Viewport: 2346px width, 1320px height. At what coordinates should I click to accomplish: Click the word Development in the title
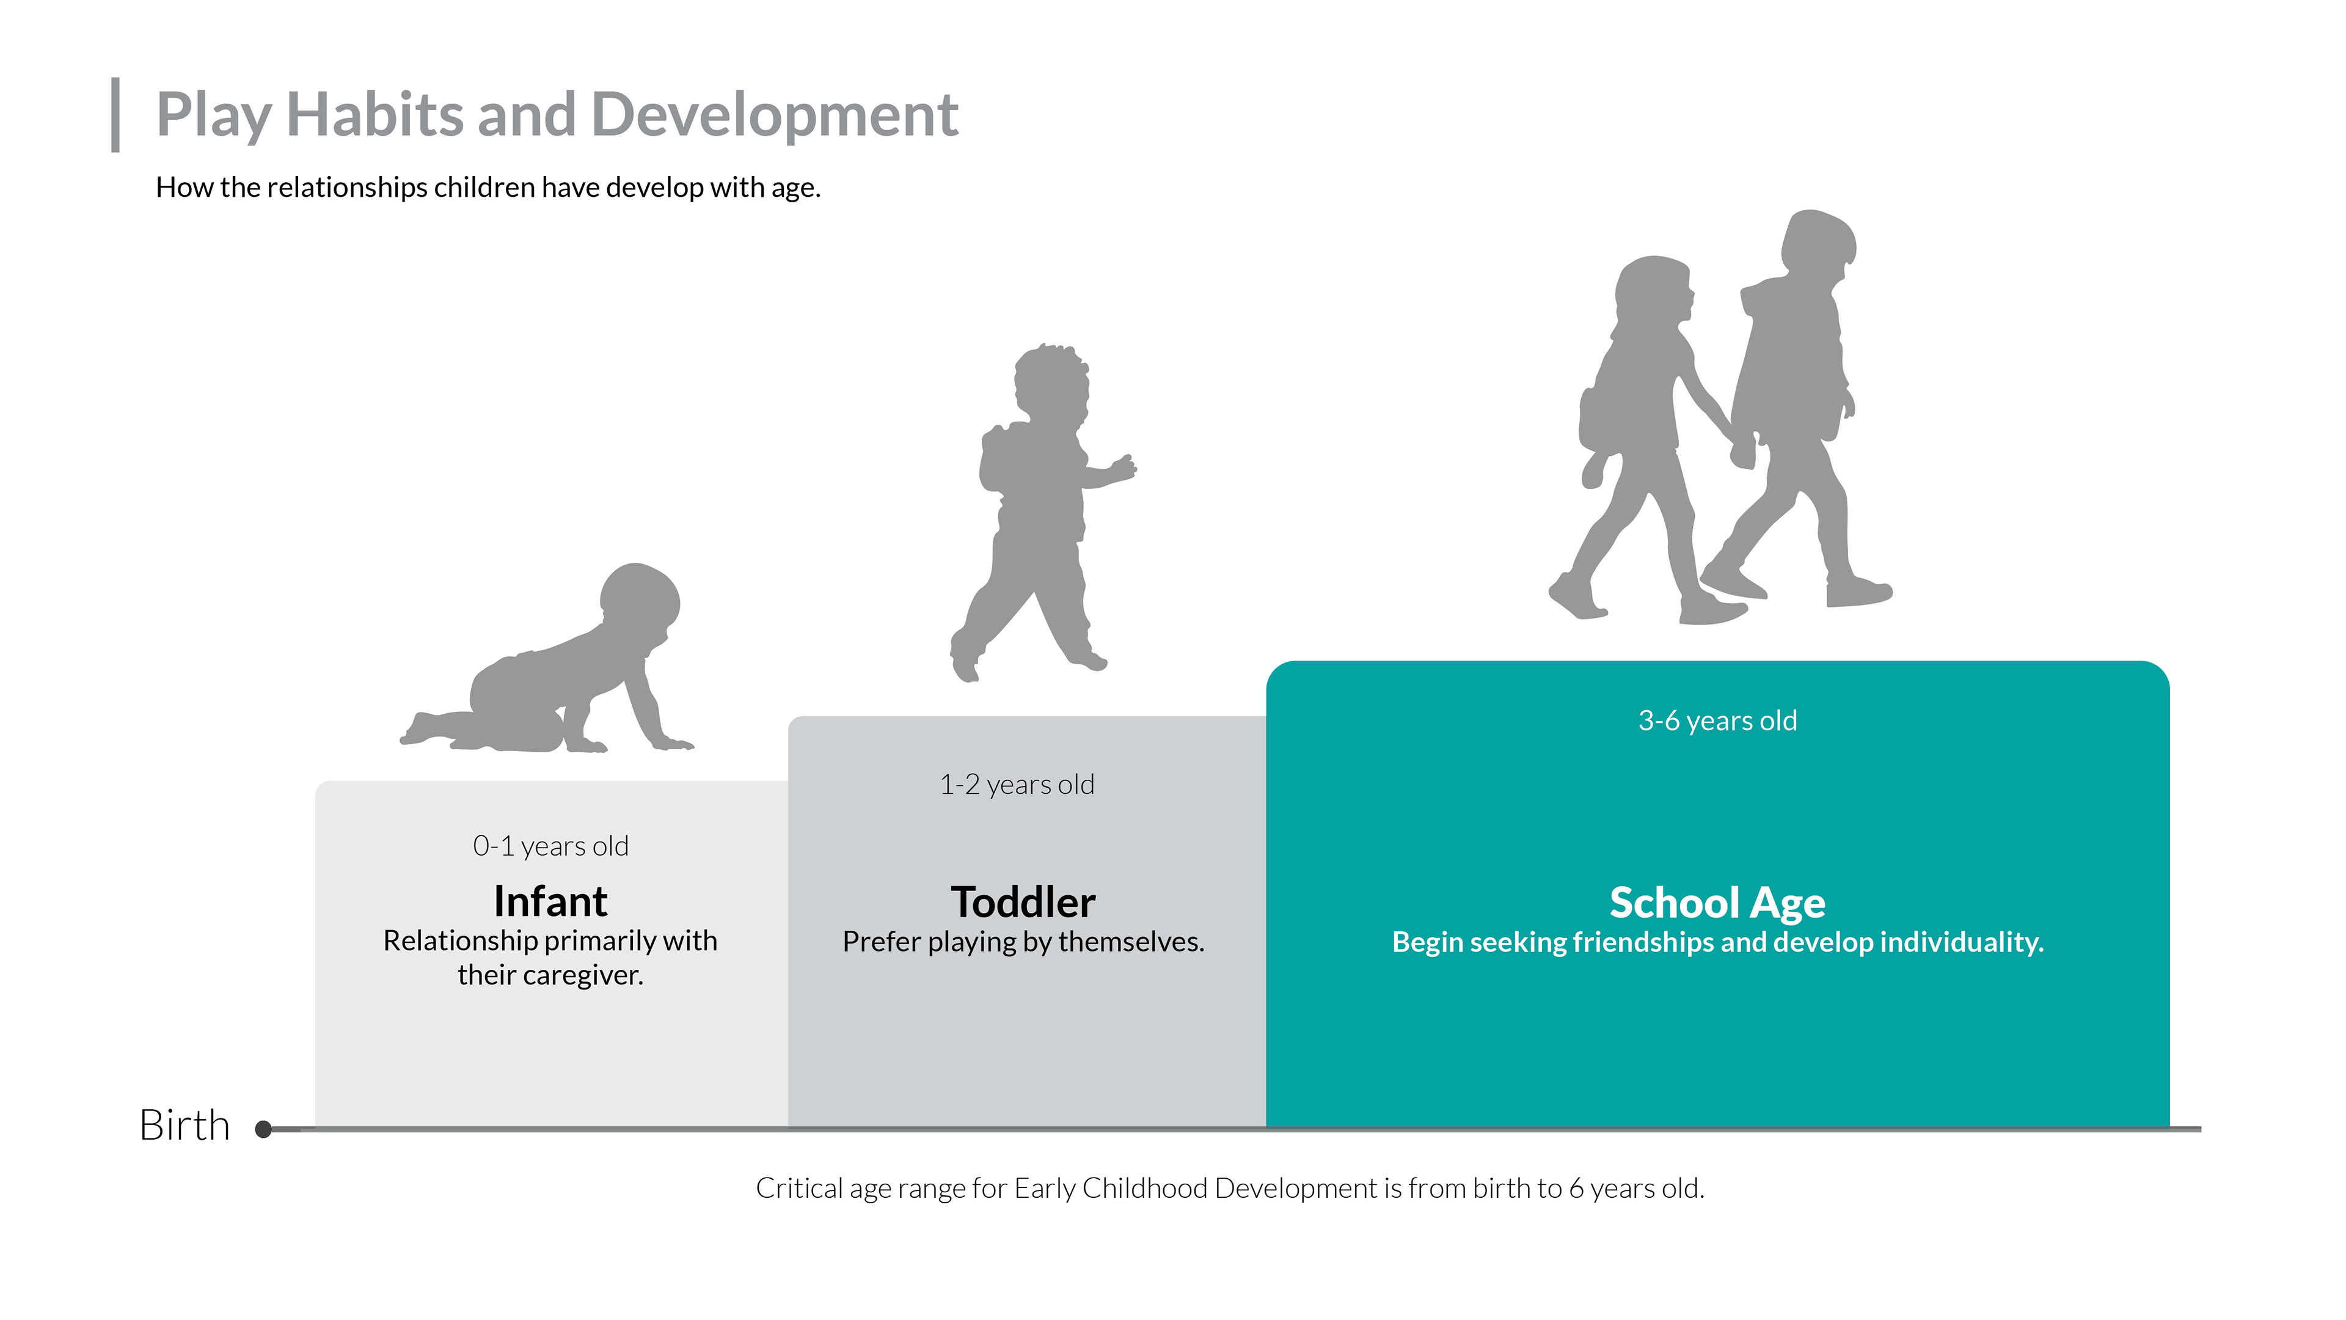[774, 116]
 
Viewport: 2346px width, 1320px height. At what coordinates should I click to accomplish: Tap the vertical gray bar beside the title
[115, 115]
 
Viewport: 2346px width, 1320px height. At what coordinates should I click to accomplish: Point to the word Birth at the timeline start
[185, 1125]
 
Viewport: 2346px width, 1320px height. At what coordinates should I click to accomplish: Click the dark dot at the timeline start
[264, 1129]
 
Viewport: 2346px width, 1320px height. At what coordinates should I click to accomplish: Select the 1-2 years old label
[1017, 784]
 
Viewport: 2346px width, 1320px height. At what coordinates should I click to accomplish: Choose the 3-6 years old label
[1717, 721]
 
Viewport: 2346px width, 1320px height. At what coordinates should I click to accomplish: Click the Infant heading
[550, 902]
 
